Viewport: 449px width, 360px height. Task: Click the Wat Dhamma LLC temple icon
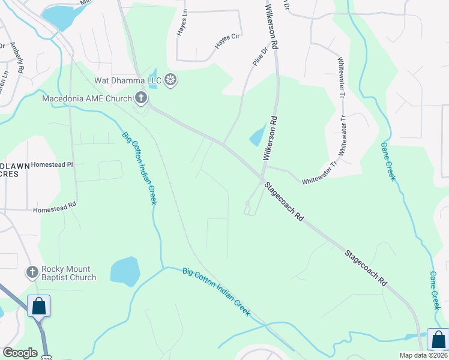(171, 80)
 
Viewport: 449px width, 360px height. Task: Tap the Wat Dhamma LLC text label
(128, 80)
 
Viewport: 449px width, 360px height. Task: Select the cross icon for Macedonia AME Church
(140, 98)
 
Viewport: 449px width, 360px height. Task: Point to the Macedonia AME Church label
(86, 98)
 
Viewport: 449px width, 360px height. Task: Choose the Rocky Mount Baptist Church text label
(68, 273)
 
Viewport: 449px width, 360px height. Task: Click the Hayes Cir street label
(228, 41)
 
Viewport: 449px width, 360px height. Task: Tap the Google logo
(20, 353)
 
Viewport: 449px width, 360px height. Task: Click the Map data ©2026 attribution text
(424, 355)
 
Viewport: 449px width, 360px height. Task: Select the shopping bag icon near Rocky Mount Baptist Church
(39, 306)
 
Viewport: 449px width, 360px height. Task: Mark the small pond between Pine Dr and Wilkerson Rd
(257, 135)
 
